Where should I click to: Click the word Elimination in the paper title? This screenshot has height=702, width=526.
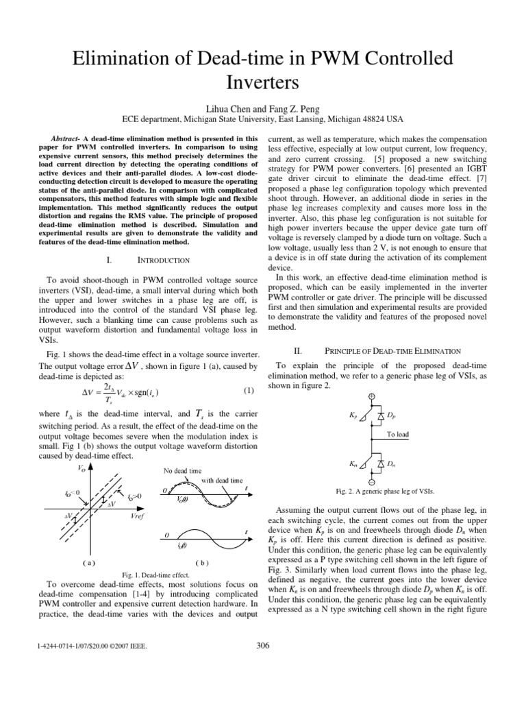click(x=127, y=60)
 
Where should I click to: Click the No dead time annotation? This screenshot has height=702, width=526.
click(x=183, y=472)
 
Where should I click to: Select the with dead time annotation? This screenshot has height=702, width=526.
click(x=221, y=481)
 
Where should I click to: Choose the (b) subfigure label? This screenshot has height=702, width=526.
click(x=201, y=562)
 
